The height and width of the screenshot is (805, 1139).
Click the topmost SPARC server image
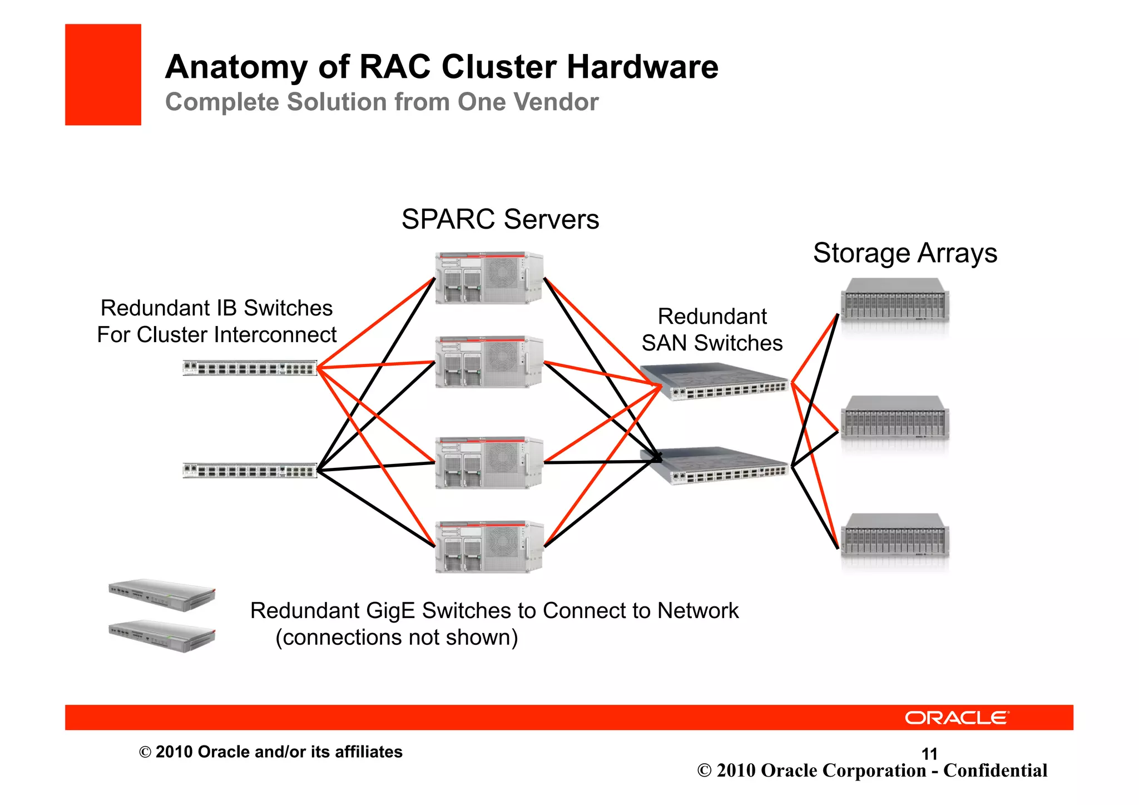pos(488,278)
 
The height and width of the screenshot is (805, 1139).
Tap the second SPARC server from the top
pos(488,362)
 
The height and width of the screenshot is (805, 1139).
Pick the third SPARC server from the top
pos(488,462)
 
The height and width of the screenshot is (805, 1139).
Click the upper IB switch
pos(250,368)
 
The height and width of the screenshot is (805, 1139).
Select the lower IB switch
pos(250,471)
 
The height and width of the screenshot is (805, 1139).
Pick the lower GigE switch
pos(162,635)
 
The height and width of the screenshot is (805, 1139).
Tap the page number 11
pos(929,754)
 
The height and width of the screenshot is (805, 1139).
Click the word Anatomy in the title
pos(236,67)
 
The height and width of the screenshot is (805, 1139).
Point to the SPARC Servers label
pos(500,219)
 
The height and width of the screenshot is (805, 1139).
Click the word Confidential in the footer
pos(995,771)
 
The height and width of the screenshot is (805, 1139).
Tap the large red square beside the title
pos(103,75)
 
